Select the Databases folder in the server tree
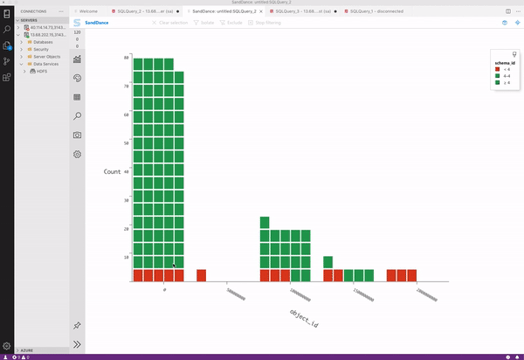point(44,42)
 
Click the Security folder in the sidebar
point(41,49)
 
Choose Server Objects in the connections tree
point(47,56)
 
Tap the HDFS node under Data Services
point(43,71)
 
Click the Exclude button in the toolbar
point(234,23)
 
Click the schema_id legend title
point(504,63)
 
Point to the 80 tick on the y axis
point(126,58)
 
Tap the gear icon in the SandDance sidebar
point(77,154)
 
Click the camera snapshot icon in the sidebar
point(77,135)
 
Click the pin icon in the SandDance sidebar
point(77,325)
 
